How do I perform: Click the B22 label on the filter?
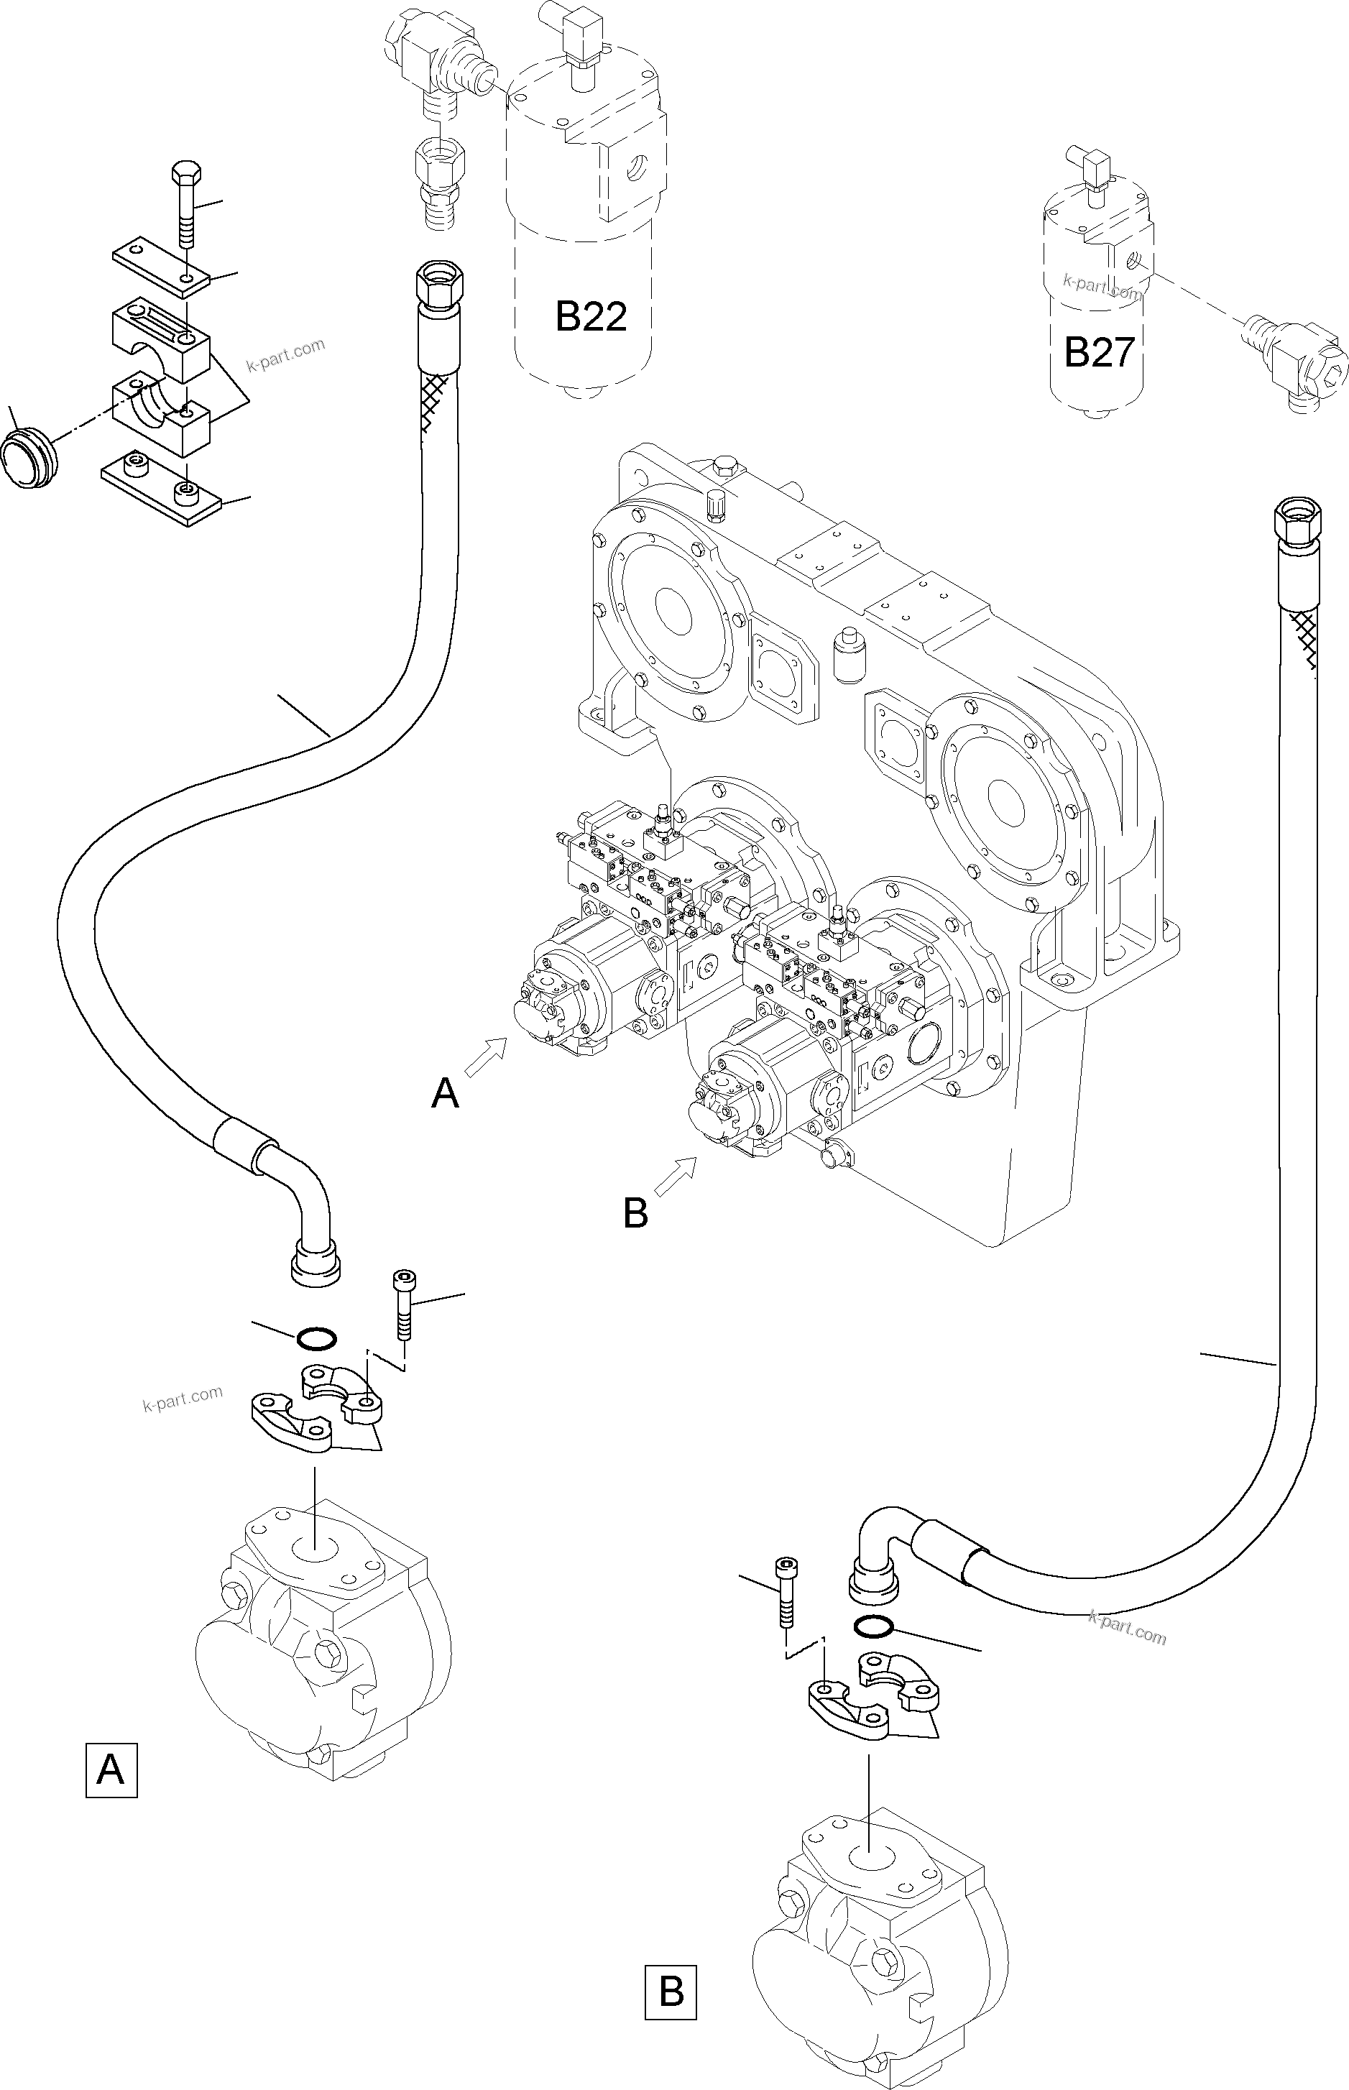click(x=591, y=316)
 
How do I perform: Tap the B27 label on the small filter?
click(x=1098, y=352)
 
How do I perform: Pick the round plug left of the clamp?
click(x=28, y=456)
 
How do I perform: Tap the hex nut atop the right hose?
click(x=1293, y=523)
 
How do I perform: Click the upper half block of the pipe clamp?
click(x=160, y=337)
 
